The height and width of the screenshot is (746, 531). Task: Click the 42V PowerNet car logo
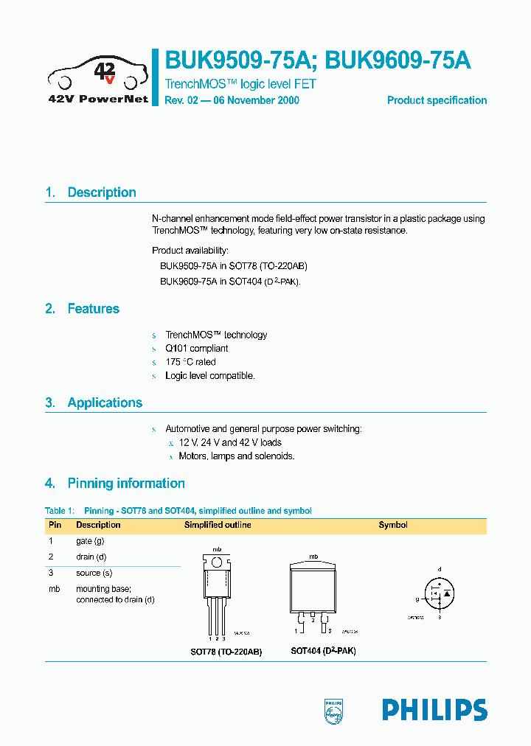(x=98, y=77)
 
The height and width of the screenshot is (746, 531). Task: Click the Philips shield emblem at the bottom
(x=334, y=710)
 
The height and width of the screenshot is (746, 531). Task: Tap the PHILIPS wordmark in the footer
(x=434, y=710)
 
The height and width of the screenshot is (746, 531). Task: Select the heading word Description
(x=102, y=192)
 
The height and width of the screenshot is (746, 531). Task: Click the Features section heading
(x=93, y=309)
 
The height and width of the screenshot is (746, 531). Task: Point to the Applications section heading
(x=105, y=402)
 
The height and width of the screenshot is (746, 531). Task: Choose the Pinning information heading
(x=126, y=484)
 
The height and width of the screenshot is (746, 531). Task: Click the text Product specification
(x=437, y=100)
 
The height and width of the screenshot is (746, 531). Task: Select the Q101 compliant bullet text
(x=196, y=349)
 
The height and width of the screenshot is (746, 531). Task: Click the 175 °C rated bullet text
(x=190, y=362)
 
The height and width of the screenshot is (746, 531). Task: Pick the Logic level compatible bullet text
(x=209, y=376)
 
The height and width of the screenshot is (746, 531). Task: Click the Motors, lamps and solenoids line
(x=236, y=456)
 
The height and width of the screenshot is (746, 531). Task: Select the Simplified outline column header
(x=218, y=525)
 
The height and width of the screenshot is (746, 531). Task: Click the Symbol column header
(x=393, y=525)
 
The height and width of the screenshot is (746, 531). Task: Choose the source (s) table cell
(x=94, y=573)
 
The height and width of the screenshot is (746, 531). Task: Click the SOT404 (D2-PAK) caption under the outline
(x=323, y=652)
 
